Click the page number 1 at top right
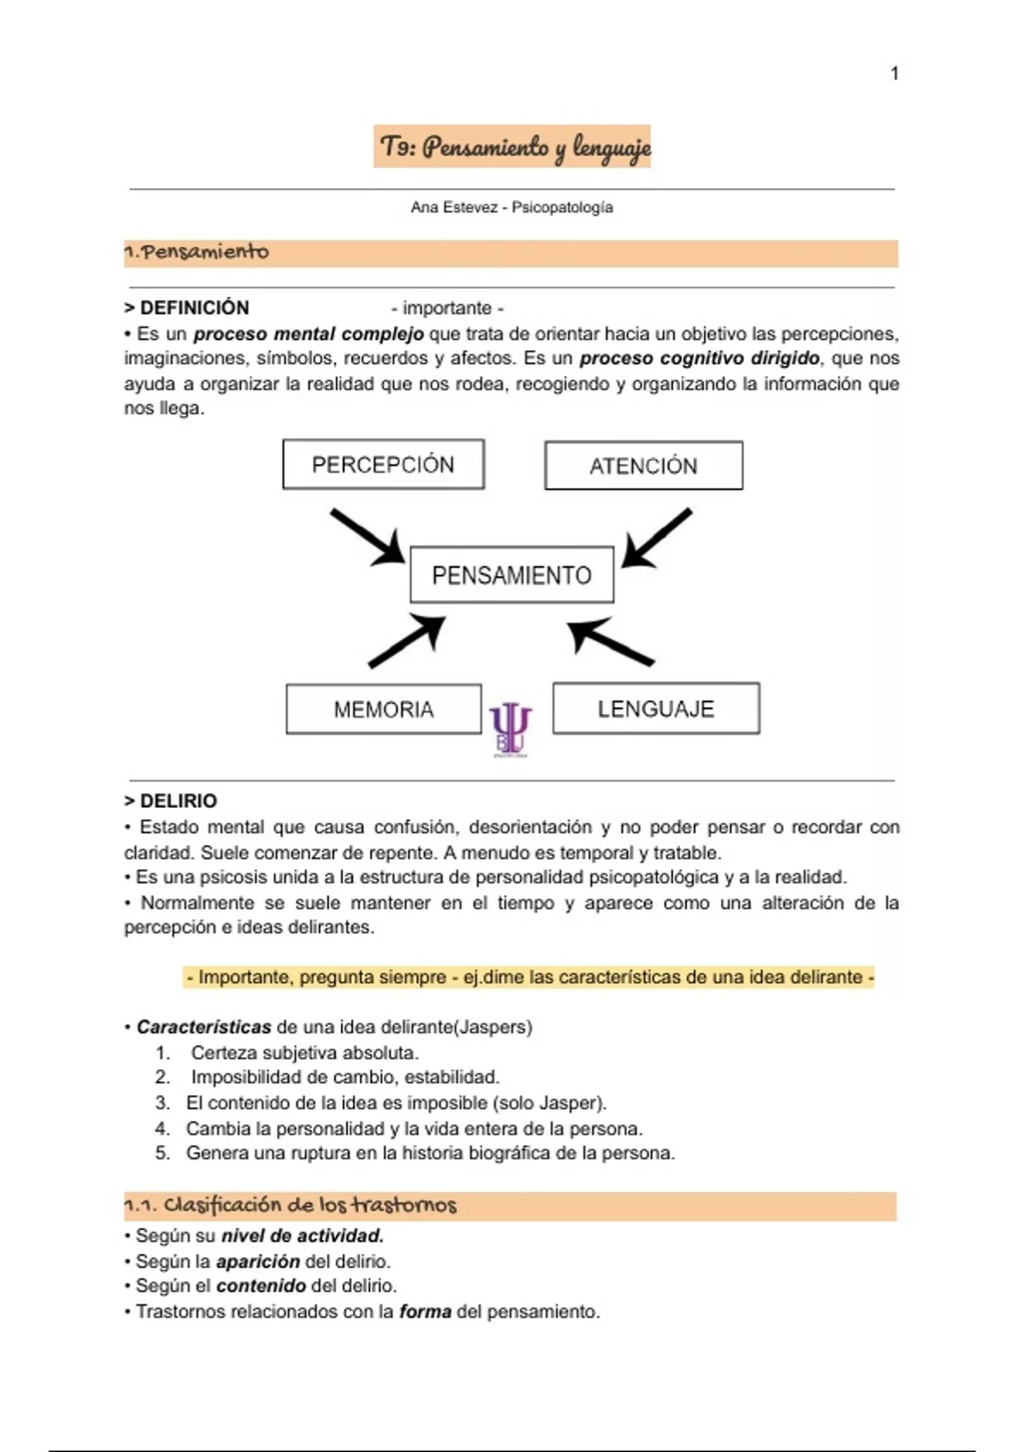pyautogui.click(x=894, y=73)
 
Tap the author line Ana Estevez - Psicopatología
pyautogui.click(x=512, y=208)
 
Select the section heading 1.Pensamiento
pyautogui.click(x=196, y=253)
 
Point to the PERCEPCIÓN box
pyautogui.click(x=384, y=465)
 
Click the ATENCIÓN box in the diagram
pyautogui.click(x=643, y=465)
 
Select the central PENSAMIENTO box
pyautogui.click(x=512, y=575)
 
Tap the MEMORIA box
pyautogui.click(x=384, y=709)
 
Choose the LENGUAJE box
pyautogui.click(x=656, y=708)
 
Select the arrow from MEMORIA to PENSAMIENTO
pyautogui.click(x=407, y=641)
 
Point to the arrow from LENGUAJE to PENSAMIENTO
pyautogui.click(x=610, y=641)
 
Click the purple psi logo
pyautogui.click(x=510, y=729)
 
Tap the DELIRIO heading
pyautogui.click(x=171, y=801)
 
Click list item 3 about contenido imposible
pyautogui.click(x=395, y=1103)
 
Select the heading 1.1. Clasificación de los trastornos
pyautogui.click(x=290, y=1205)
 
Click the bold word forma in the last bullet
pyautogui.click(x=425, y=1311)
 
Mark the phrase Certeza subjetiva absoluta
pyautogui.click(x=305, y=1052)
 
